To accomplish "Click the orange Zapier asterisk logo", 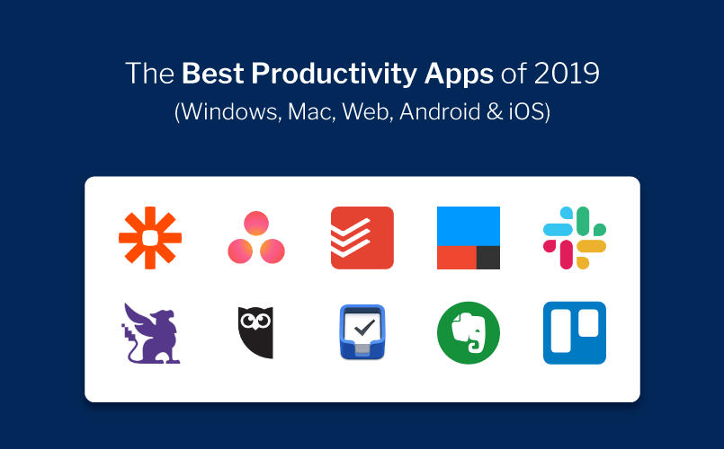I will pyautogui.click(x=150, y=238).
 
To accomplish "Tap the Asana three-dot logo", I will pyautogui.click(x=256, y=238).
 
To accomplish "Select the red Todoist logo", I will pyautogui.click(x=362, y=238).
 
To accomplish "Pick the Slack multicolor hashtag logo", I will pyautogui.click(x=574, y=238).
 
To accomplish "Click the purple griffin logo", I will pyautogui.click(x=150, y=333).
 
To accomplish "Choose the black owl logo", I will pyautogui.click(x=256, y=333).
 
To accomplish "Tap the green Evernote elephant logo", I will pyautogui.click(x=468, y=333).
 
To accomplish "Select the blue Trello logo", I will pyautogui.click(x=574, y=333).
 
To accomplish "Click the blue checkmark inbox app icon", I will pyautogui.click(x=362, y=333).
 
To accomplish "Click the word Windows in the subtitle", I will pyautogui.click(x=221, y=113).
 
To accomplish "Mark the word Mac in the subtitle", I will pyautogui.click(x=305, y=113).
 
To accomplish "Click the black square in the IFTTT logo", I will pyautogui.click(x=487, y=257).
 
